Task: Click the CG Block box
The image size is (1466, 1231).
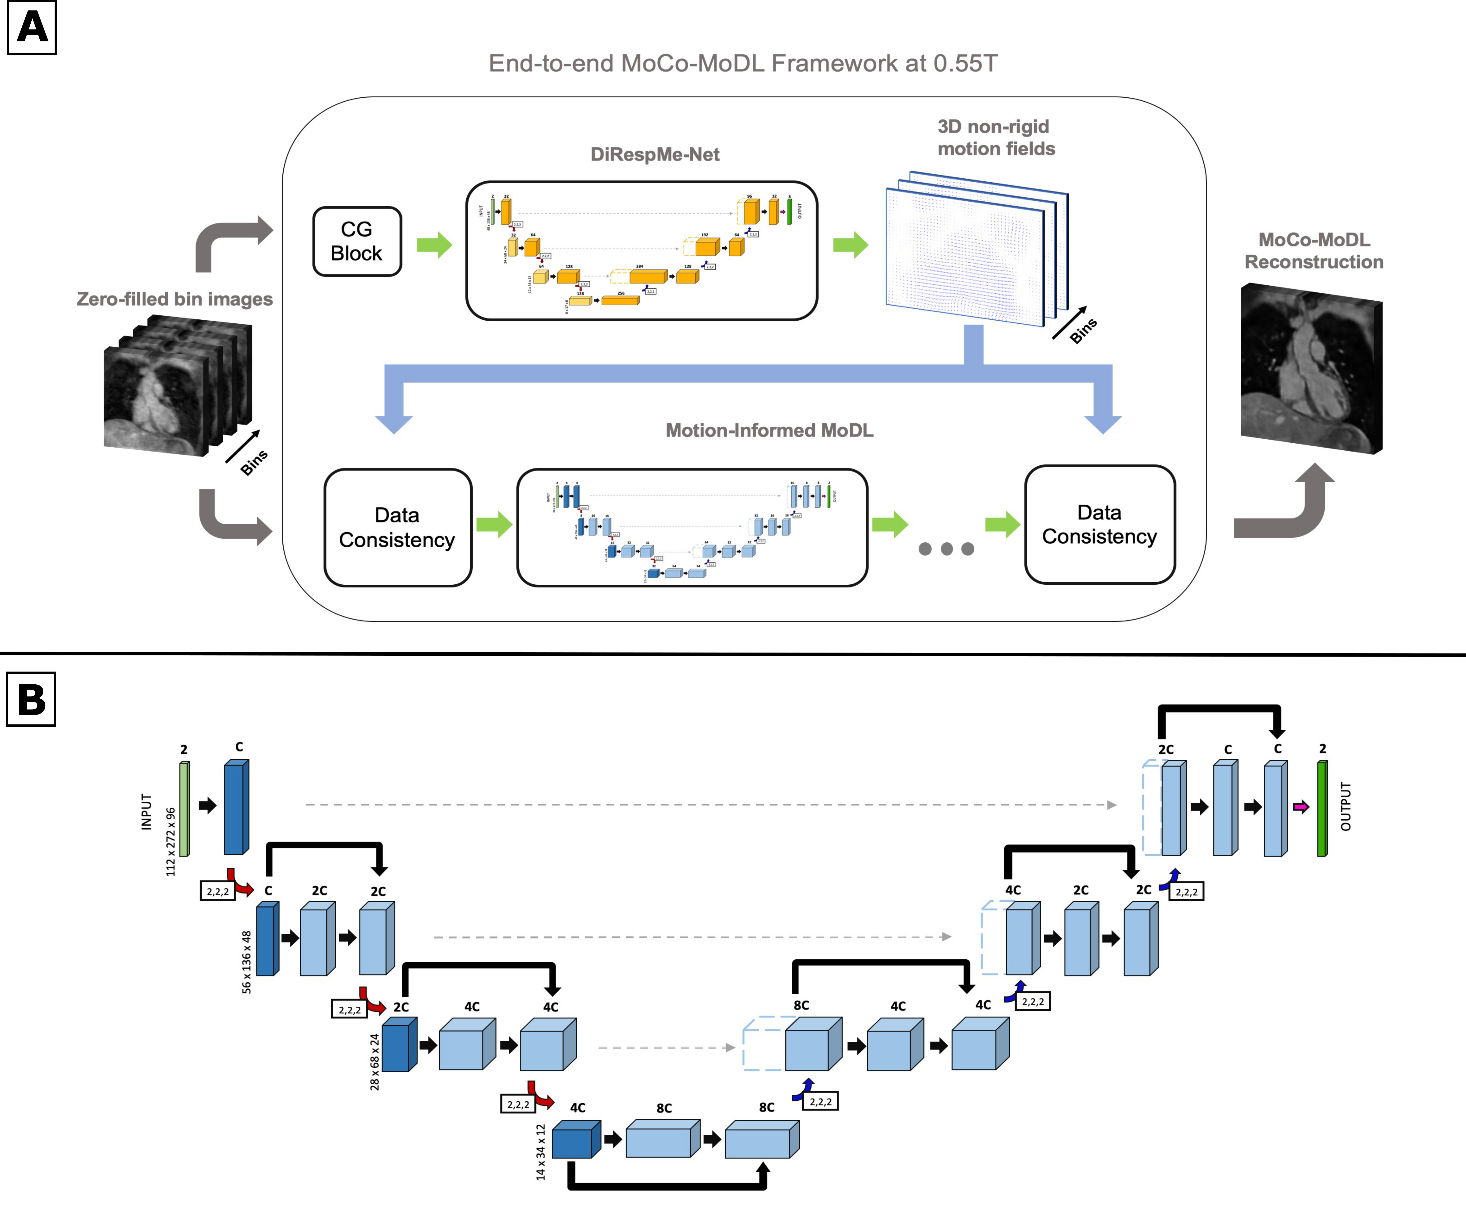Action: pos(357,241)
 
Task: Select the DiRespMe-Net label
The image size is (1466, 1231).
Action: pos(655,154)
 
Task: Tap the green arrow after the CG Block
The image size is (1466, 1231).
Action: pos(434,245)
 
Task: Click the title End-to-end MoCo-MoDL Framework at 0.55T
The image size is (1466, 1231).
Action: pos(743,63)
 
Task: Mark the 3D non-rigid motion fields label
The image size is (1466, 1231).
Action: pos(996,137)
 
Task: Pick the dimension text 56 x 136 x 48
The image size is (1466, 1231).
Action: pos(247,962)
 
